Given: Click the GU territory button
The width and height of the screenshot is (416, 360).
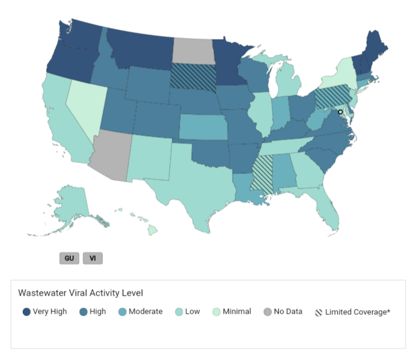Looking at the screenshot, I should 69,258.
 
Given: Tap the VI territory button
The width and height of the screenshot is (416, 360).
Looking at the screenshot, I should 93,258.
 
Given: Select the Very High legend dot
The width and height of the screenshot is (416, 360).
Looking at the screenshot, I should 26,312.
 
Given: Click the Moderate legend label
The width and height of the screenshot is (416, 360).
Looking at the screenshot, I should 145,312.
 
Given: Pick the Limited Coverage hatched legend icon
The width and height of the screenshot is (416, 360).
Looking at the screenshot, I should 319,312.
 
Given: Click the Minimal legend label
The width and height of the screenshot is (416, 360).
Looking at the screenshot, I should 236,312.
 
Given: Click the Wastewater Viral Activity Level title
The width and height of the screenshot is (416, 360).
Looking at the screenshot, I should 80,293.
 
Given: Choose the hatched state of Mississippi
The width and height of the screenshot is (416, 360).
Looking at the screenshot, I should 261,172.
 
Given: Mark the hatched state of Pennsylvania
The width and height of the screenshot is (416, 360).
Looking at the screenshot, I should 331,95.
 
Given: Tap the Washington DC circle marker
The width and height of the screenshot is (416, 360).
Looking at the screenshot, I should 340,112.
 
